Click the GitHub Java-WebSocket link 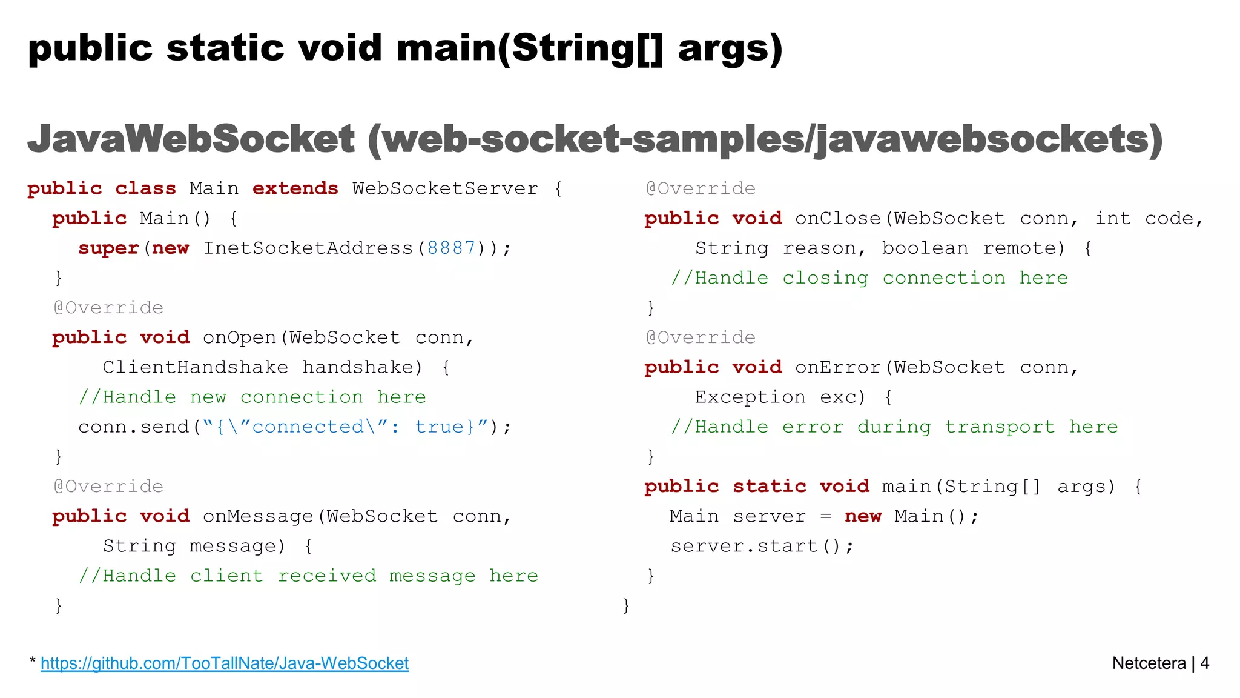(225, 663)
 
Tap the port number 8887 (451, 248)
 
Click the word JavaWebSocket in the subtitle (191, 139)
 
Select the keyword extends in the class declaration (295, 188)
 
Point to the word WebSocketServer (445, 188)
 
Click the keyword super (108, 248)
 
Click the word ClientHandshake (195, 367)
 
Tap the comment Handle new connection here (252, 397)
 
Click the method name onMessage (259, 516)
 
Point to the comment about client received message (308, 576)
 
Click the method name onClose (838, 218)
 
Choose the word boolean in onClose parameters (925, 248)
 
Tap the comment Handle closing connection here (869, 278)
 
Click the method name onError (838, 367)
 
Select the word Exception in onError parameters (750, 397)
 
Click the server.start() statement (762, 546)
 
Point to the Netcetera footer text (1149, 663)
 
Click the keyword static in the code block (770, 487)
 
